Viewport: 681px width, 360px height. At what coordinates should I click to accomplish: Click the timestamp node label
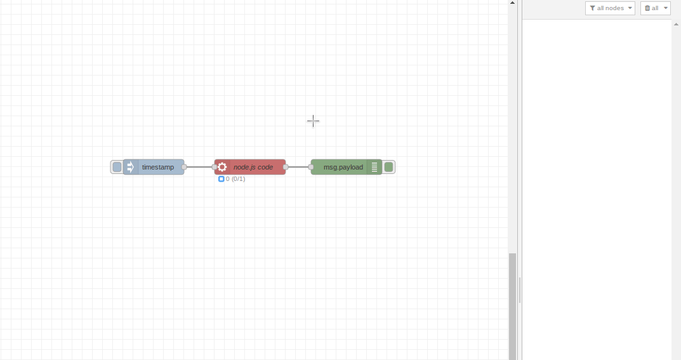[x=157, y=167]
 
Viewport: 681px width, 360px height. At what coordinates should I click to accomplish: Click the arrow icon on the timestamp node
[x=130, y=167]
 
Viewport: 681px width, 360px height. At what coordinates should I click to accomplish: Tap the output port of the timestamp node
[x=184, y=167]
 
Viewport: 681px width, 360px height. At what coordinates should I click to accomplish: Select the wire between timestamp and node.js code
[x=199, y=167]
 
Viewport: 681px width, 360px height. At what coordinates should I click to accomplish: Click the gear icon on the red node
[x=222, y=167]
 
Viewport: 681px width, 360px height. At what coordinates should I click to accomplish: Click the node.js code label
[x=253, y=167]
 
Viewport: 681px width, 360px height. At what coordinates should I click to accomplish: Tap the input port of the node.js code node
[x=215, y=167]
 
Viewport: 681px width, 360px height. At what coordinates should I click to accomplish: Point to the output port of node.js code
[x=286, y=167]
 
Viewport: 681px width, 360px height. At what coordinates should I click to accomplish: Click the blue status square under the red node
[x=221, y=179]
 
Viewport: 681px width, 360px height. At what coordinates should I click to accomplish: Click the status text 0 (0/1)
[x=235, y=179]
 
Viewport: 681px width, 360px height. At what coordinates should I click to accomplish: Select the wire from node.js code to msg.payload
[x=298, y=167]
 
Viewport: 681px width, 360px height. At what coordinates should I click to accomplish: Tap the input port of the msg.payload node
[x=311, y=167]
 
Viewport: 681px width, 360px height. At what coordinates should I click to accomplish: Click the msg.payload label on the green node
[x=343, y=167]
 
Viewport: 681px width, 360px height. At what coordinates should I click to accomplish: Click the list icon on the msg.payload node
[x=374, y=167]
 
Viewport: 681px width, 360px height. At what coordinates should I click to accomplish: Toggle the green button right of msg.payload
[x=388, y=167]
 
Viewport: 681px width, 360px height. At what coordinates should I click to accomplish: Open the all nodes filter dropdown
[x=610, y=8]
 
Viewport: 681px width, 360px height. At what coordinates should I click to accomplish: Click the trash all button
[x=655, y=8]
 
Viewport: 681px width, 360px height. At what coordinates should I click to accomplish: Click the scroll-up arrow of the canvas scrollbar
[x=512, y=3]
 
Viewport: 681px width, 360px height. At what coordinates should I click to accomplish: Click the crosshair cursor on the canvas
[x=313, y=121]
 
